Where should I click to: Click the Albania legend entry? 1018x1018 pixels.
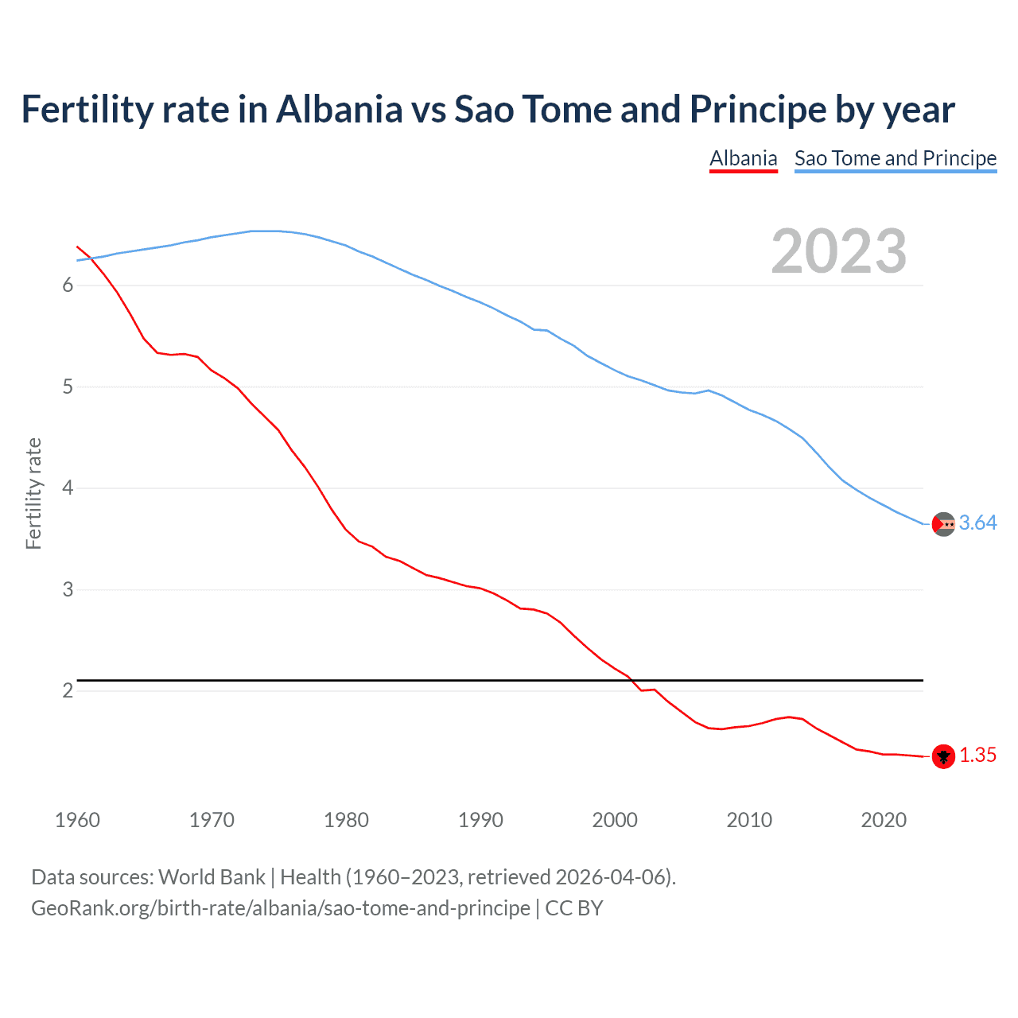click(x=743, y=158)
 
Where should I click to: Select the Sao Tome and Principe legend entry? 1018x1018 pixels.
click(x=895, y=158)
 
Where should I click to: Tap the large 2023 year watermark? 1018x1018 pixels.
click(x=838, y=251)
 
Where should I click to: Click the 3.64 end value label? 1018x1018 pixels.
click(x=977, y=523)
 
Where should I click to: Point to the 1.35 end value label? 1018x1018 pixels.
click(x=977, y=756)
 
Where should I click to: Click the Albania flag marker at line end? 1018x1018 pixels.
click(x=943, y=756)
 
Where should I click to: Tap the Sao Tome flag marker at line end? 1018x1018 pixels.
click(x=943, y=524)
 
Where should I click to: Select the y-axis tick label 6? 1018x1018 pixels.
click(x=68, y=286)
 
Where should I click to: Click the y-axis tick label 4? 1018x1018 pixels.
click(x=68, y=488)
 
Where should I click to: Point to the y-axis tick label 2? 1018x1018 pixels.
click(x=68, y=691)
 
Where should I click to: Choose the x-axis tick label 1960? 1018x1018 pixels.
click(x=77, y=820)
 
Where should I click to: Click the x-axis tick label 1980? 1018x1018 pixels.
click(x=346, y=820)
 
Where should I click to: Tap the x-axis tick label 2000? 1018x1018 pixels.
click(x=615, y=820)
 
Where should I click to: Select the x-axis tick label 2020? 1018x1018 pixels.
click(x=884, y=820)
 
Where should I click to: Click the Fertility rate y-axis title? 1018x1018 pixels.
click(x=33, y=493)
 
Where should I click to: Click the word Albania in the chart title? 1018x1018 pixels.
click(x=340, y=110)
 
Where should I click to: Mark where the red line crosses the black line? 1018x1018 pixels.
click(x=634, y=680)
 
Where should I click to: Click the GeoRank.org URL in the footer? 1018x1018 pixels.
click(x=280, y=908)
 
